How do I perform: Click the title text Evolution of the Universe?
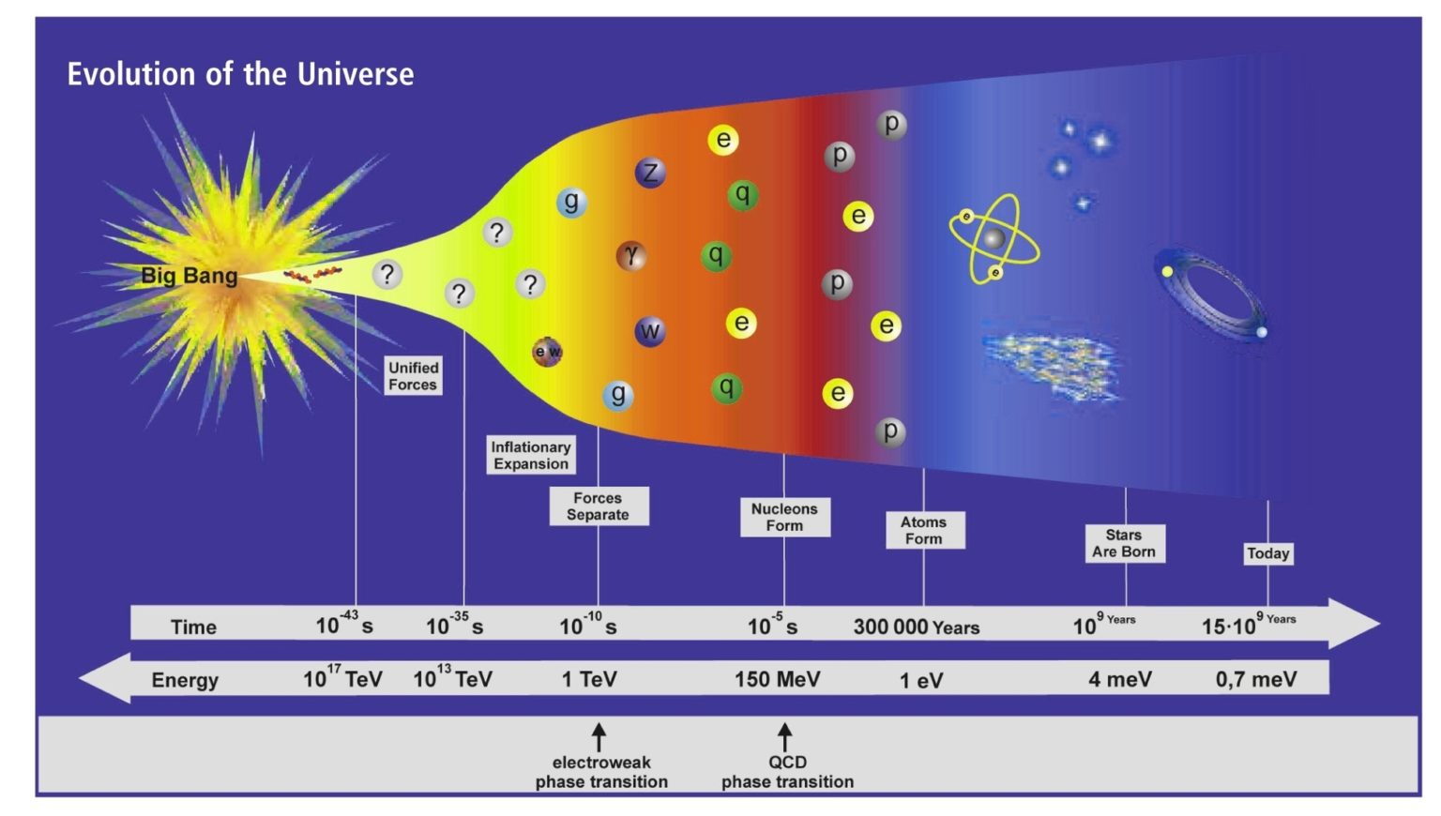click(240, 74)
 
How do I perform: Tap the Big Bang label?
click(189, 276)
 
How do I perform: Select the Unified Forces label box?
click(413, 376)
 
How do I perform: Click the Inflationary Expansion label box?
click(531, 455)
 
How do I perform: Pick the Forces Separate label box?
click(598, 506)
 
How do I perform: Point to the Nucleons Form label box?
click(784, 517)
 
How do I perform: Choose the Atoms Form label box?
click(924, 530)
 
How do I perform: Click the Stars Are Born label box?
click(1124, 543)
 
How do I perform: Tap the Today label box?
click(1267, 553)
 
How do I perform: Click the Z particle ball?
click(650, 173)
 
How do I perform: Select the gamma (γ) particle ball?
click(631, 255)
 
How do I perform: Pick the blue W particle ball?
click(649, 331)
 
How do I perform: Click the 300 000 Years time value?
click(916, 627)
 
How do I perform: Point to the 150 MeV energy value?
click(777, 679)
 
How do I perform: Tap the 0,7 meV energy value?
click(1255, 679)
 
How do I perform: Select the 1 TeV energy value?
click(589, 679)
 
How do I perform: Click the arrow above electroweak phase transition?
click(599, 736)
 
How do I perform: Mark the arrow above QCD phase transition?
click(785, 736)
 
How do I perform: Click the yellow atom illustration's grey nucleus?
click(994, 238)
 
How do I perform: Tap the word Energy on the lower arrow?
click(185, 680)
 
